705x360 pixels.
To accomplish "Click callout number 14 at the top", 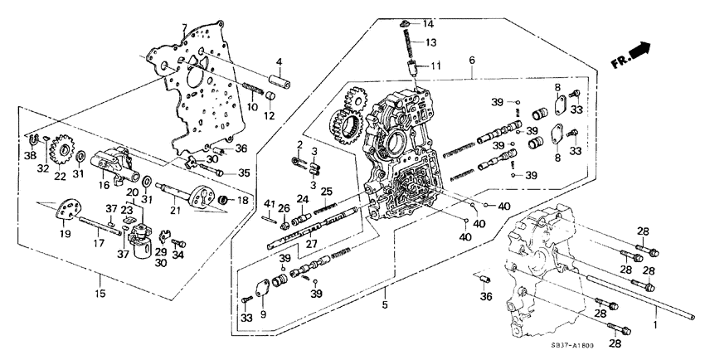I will pos(428,22).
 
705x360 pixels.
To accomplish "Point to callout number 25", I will pos(327,192).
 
